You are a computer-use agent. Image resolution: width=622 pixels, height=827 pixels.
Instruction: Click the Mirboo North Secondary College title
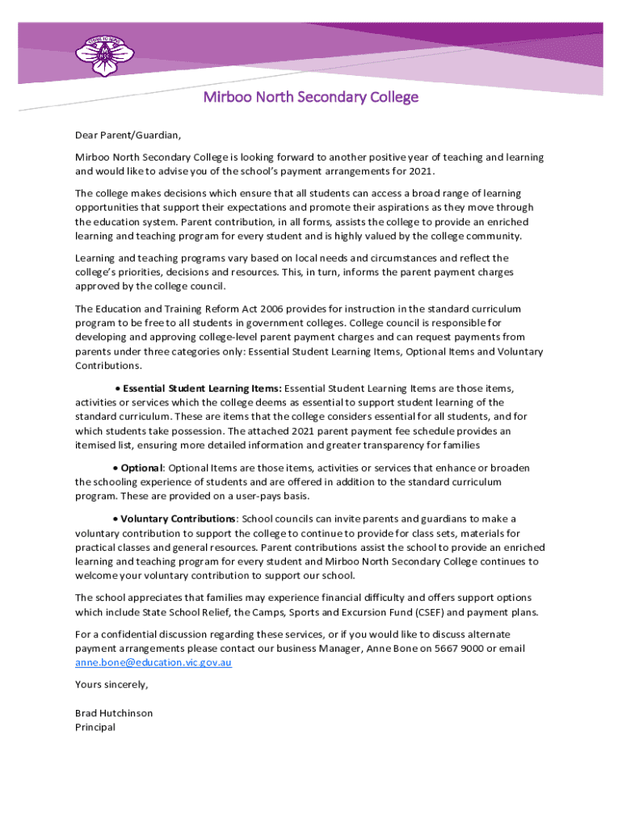[310, 98]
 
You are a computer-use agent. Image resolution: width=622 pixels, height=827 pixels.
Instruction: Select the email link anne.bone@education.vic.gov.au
[153, 662]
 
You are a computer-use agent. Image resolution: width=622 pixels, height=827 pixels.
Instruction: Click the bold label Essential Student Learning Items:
[202, 388]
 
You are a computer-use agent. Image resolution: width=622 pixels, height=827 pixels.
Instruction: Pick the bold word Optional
[142, 468]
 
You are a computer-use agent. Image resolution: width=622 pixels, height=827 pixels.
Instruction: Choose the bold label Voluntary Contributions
[179, 518]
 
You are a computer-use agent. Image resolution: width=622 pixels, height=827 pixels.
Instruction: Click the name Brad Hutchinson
[114, 713]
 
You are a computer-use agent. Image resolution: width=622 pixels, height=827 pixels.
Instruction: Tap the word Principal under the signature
[95, 727]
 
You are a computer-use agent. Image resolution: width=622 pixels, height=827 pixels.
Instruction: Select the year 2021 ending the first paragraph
[419, 172]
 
